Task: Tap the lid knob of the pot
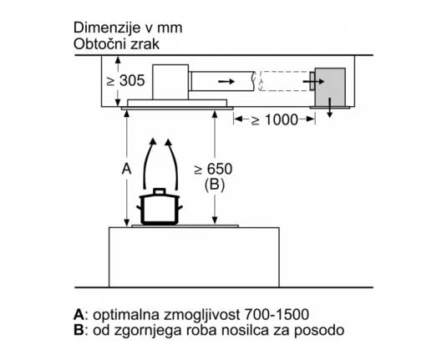click(160, 191)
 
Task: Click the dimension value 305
click(132, 80)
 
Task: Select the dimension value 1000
click(282, 119)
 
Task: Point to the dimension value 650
click(220, 169)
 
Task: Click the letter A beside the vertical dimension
click(126, 169)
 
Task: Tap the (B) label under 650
click(215, 185)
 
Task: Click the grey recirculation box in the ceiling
click(330, 87)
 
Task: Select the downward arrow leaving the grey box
click(330, 108)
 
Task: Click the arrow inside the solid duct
click(226, 82)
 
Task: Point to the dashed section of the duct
click(285, 81)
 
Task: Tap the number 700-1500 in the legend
click(277, 315)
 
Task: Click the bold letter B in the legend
click(79, 331)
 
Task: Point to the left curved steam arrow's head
click(153, 142)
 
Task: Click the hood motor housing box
click(170, 82)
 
